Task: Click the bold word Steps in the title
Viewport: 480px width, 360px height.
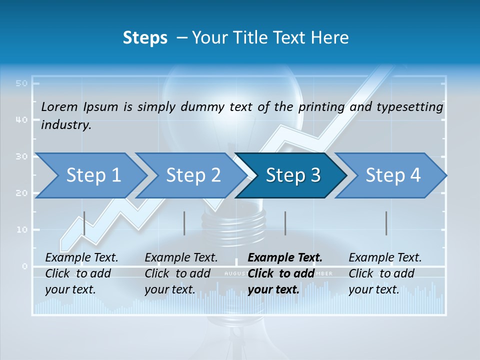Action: pyautogui.click(x=145, y=38)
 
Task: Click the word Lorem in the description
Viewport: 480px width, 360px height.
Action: pyautogui.click(x=59, y=106)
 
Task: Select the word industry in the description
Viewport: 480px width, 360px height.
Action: pyautogui.click(x=65, y=125)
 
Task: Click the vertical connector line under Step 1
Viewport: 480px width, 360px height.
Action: pyautogui.click(x=84, y=223)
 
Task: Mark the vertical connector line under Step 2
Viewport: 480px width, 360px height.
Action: pyautogui.click(x=184, y=223)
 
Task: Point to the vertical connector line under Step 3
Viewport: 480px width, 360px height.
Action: pyautogui.click(x=285, y=223)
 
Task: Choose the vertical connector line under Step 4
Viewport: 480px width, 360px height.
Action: pyautogui.click(x=386, y=223)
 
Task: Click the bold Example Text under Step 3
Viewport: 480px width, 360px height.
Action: pyautogui.click(x=285, y=257)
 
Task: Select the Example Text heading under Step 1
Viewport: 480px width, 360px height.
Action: pyautogui.click(x=81, y=257)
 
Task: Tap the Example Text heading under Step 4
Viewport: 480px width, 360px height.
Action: pyautogui.click(x=385, y=257)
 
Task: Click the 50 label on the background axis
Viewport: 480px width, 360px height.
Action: pyautogui.click(x=21, y=83)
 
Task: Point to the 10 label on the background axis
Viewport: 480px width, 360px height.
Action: pyautogui.click(x=21, y=229)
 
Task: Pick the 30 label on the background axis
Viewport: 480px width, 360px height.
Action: pyautogui.click(x=21, y=156)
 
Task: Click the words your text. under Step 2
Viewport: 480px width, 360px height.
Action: pyautogui.click(x=170, y=289)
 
